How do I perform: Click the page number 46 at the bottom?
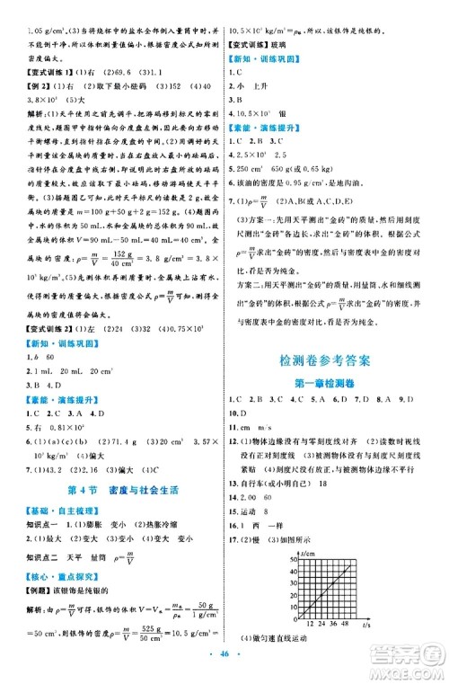224,670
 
